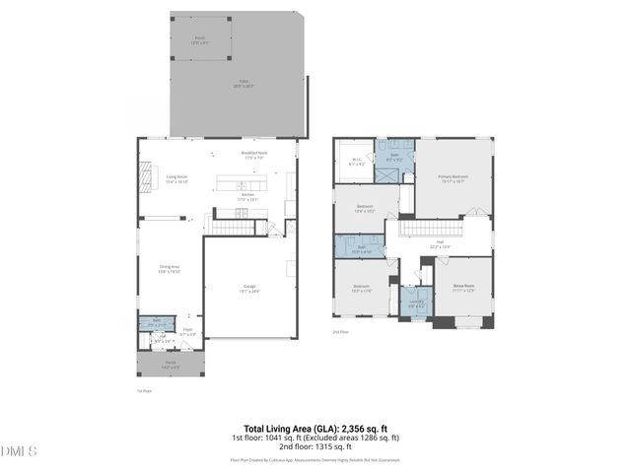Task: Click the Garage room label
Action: (249, 289)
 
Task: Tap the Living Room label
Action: (176, 179)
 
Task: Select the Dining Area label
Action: (169, 268)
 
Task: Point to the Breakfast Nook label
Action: (254, 155)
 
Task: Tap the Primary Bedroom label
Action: (454, 178)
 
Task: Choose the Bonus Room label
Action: (463, 289)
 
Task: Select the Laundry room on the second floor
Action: (416, 303)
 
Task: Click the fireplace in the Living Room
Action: (145, 177)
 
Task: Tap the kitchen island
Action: (242, 184)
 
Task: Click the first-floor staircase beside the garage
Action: (235, 228)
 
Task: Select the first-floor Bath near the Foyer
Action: (156, 321)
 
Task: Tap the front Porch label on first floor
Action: (170, 365)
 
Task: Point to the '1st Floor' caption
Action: (144, 391)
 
